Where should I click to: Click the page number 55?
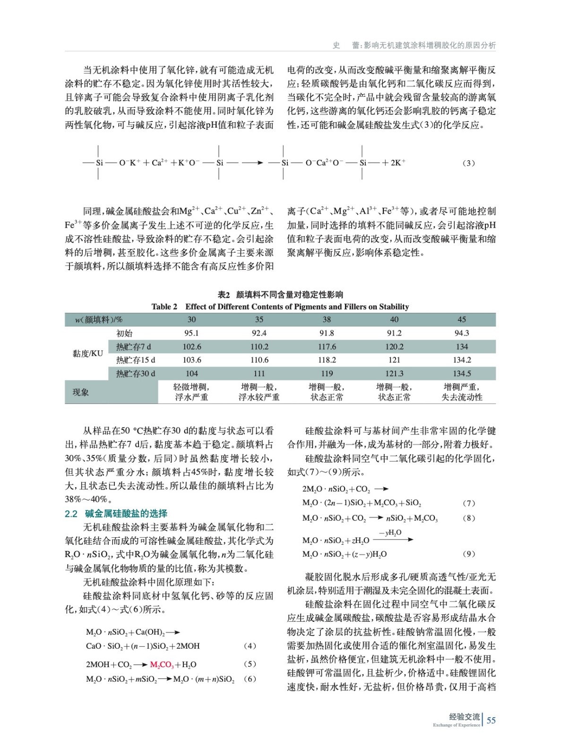[491, 720]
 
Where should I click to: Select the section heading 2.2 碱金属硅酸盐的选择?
[116, 514]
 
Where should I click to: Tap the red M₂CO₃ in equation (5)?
[162, 665]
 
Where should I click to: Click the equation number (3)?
[468, 163]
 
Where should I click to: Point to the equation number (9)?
[468, 554]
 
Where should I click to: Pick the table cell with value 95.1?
[191, 333]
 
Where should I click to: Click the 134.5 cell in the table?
[462, 373]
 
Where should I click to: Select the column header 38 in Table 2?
[327, 319]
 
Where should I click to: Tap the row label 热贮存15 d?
[136, 360]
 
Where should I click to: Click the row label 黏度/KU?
[87, 353]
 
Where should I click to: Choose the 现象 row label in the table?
[80, 392]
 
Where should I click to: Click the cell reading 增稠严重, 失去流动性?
[462, 392]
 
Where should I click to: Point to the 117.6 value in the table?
[327, 347]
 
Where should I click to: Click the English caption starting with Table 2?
[280, 307]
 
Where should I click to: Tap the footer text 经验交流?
[464, 717]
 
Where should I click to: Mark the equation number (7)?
[468, 503]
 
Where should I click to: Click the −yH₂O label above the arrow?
[390, 533]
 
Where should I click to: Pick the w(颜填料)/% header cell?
[98, 319]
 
